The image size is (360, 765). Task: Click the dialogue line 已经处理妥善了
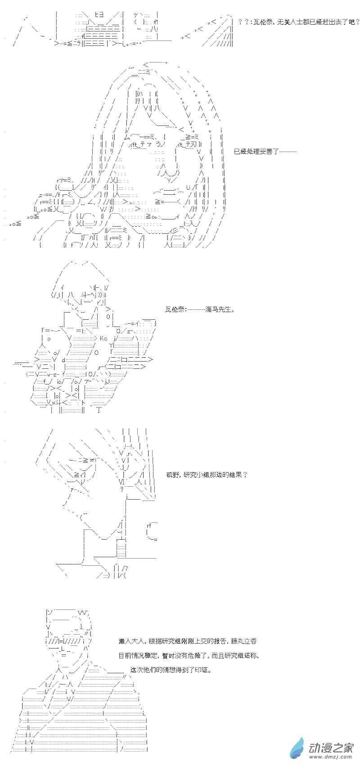click(265, 152)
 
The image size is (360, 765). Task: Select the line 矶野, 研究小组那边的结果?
click(206, 474)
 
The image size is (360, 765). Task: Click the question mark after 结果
click(245, 474)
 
